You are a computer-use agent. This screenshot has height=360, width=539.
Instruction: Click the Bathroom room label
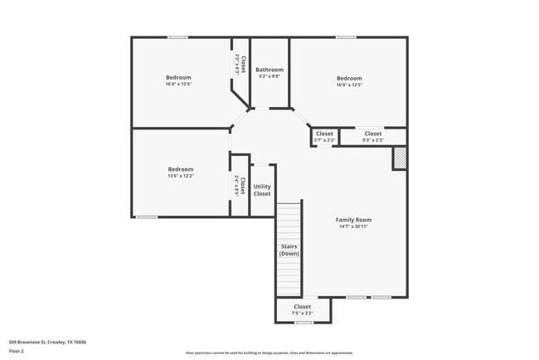[x=269, y=70]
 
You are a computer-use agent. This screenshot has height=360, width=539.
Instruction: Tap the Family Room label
[x=353, y=220]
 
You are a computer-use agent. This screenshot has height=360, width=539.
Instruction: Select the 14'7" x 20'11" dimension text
[x=353, y=226]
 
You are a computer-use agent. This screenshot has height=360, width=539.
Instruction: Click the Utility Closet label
[x=262, y=190]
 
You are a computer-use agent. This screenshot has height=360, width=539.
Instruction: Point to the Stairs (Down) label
[x=289, y=250]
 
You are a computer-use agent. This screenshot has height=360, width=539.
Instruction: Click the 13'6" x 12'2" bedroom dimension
[x=181, y=176]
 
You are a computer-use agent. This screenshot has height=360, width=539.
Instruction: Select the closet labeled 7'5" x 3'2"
[x=303, y=310]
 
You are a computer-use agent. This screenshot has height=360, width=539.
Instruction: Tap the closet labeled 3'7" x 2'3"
[x=324, y=137]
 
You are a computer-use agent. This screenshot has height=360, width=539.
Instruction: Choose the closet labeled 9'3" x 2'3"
[x=373, y=137]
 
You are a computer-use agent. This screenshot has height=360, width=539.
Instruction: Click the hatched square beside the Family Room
[x=400, y=158]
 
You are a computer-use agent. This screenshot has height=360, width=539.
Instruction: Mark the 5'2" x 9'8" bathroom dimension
[x=269, y=76]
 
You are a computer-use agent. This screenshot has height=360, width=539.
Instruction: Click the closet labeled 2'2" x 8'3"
[x=240, y=65]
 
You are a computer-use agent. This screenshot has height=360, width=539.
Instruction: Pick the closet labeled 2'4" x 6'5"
[x=240, y=185]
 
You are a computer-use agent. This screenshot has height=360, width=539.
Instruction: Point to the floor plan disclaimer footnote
[x=269, y=352]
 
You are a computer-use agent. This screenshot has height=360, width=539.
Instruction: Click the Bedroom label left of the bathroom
[x=179, y=78]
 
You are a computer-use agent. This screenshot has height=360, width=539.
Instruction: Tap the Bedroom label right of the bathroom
[x=349, y=79]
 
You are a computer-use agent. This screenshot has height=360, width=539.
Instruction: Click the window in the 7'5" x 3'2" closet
[x=303, y=323]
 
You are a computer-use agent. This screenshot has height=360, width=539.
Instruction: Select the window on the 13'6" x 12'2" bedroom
[x=147, y=217]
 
